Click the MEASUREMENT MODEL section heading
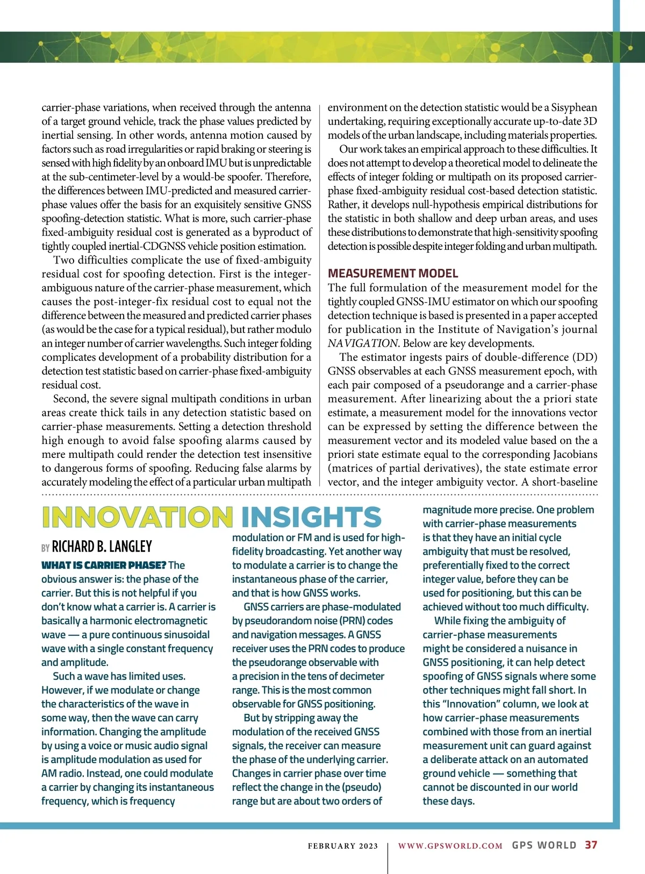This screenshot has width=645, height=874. click(x=393, y=273)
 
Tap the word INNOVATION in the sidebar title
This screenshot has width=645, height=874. click(x=137, y=517)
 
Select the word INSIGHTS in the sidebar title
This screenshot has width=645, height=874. click(x=311, y=517)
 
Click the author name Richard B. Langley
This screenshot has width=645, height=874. click(x=102, y=547)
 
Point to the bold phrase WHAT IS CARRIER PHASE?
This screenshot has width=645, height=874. click(x=103, y=565)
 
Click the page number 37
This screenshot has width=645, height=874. click(x=591, y=845)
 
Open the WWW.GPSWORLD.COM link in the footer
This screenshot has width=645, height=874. click(x=450, y=846)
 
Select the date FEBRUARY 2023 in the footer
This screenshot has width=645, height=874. click(x=343, y=846)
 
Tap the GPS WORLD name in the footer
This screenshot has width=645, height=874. click(x=544, y=845)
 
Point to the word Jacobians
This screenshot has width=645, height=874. click(x=575, y=454)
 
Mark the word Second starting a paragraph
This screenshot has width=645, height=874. click(x=70, y=399)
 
